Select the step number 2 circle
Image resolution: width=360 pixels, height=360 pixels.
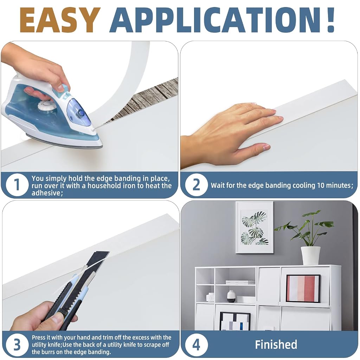pyautogui.click(x=196, y=185)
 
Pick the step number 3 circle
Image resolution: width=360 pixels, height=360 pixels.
pyautogui.click(x=17, y=345)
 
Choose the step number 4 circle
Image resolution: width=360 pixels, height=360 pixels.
pyautogui.click(x=196, y=345)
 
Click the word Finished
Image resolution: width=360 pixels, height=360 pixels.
pyautogui.click(x=276, y=345)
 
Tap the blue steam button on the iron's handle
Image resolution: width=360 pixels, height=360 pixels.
pyautogui.click(x=81, y=112)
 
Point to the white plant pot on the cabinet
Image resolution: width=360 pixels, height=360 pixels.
pyautogui.click(x=310, y=256)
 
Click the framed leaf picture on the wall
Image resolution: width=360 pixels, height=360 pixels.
pyautogui.click(x=255, y=227)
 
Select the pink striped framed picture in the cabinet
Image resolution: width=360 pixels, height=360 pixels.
pyautogui.click(x=303, y=288)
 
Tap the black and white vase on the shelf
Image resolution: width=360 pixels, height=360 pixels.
pyautogui.click(x=231, y=296)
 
